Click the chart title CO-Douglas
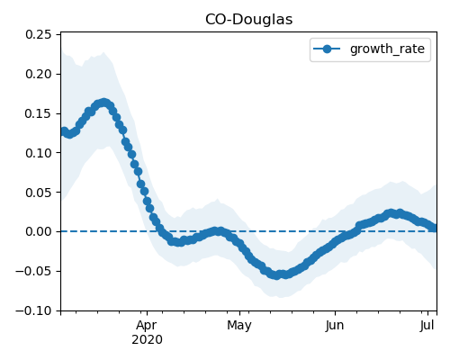[248, 20]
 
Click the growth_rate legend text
[387, 49]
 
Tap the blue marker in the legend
[327, 49]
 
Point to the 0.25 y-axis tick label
[39, 35]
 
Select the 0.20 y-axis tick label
[39, 74]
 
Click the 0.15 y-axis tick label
[39, 113]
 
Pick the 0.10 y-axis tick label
[39, 153]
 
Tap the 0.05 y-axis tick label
[39, 193]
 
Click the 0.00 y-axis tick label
[39, 232]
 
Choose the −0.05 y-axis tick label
[33, 272]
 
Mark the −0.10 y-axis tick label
[33, 310]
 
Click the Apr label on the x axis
[147, 326]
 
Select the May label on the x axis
[239, 326]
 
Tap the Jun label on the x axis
[335, 326]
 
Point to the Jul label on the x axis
[427, 326]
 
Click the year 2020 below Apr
[147, 340]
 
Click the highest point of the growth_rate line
[103, 103]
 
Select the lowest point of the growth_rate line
[277, 275]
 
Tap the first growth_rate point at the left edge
[64, 131]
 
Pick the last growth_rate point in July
[433, 228]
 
